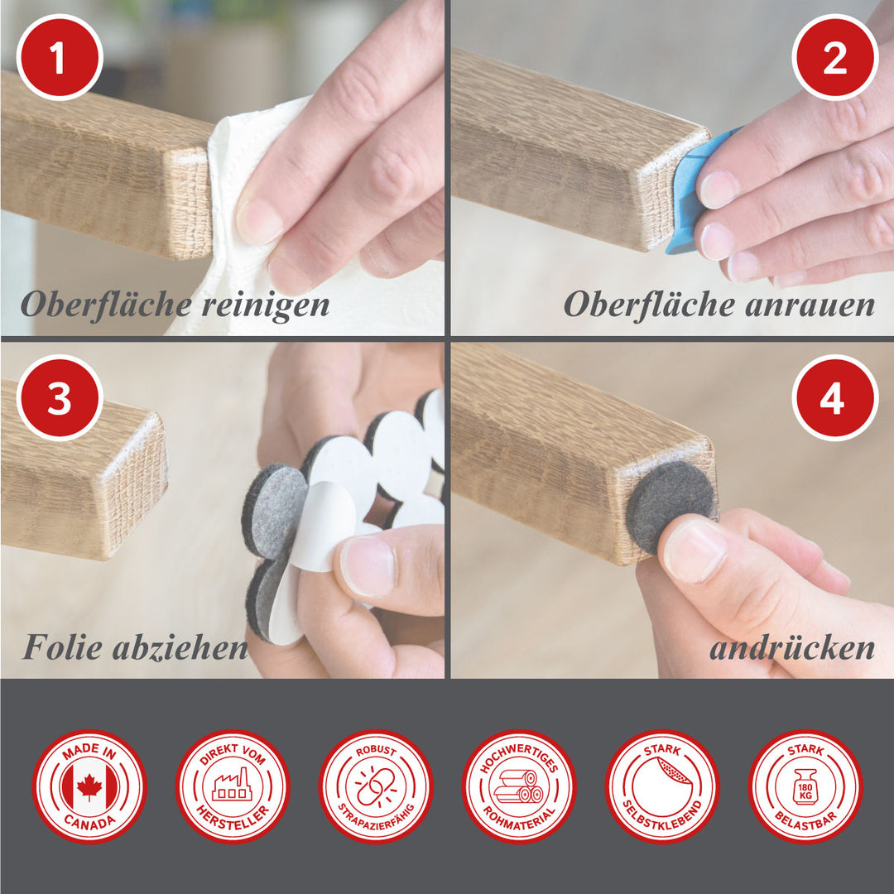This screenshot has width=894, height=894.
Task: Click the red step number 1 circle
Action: [60, 58]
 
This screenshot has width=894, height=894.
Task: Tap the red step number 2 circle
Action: [834, 58]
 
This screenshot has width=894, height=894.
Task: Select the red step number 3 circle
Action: [60, 398]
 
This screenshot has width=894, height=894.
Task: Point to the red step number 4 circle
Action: [834, 398]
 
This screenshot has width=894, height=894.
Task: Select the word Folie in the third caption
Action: [63, 647]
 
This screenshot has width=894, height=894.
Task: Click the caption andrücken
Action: [792, 647]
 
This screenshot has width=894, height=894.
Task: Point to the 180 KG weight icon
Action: [805, 787]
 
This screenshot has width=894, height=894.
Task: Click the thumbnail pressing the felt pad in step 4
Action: [695, 551]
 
